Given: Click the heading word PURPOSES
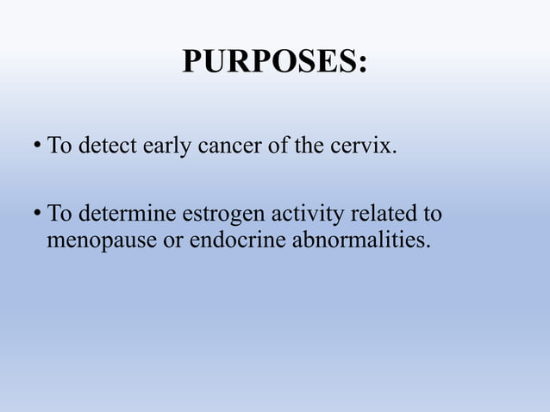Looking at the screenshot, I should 269,63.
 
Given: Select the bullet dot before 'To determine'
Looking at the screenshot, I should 37,213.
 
